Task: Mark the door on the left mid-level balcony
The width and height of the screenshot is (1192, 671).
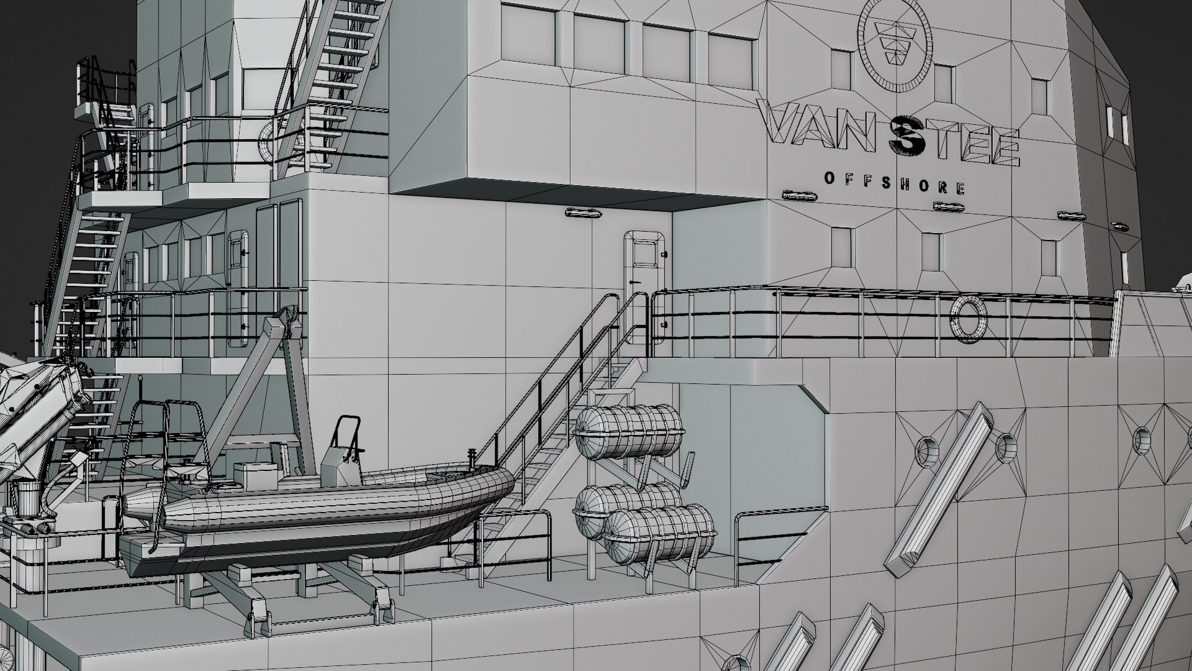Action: (238, 286)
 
